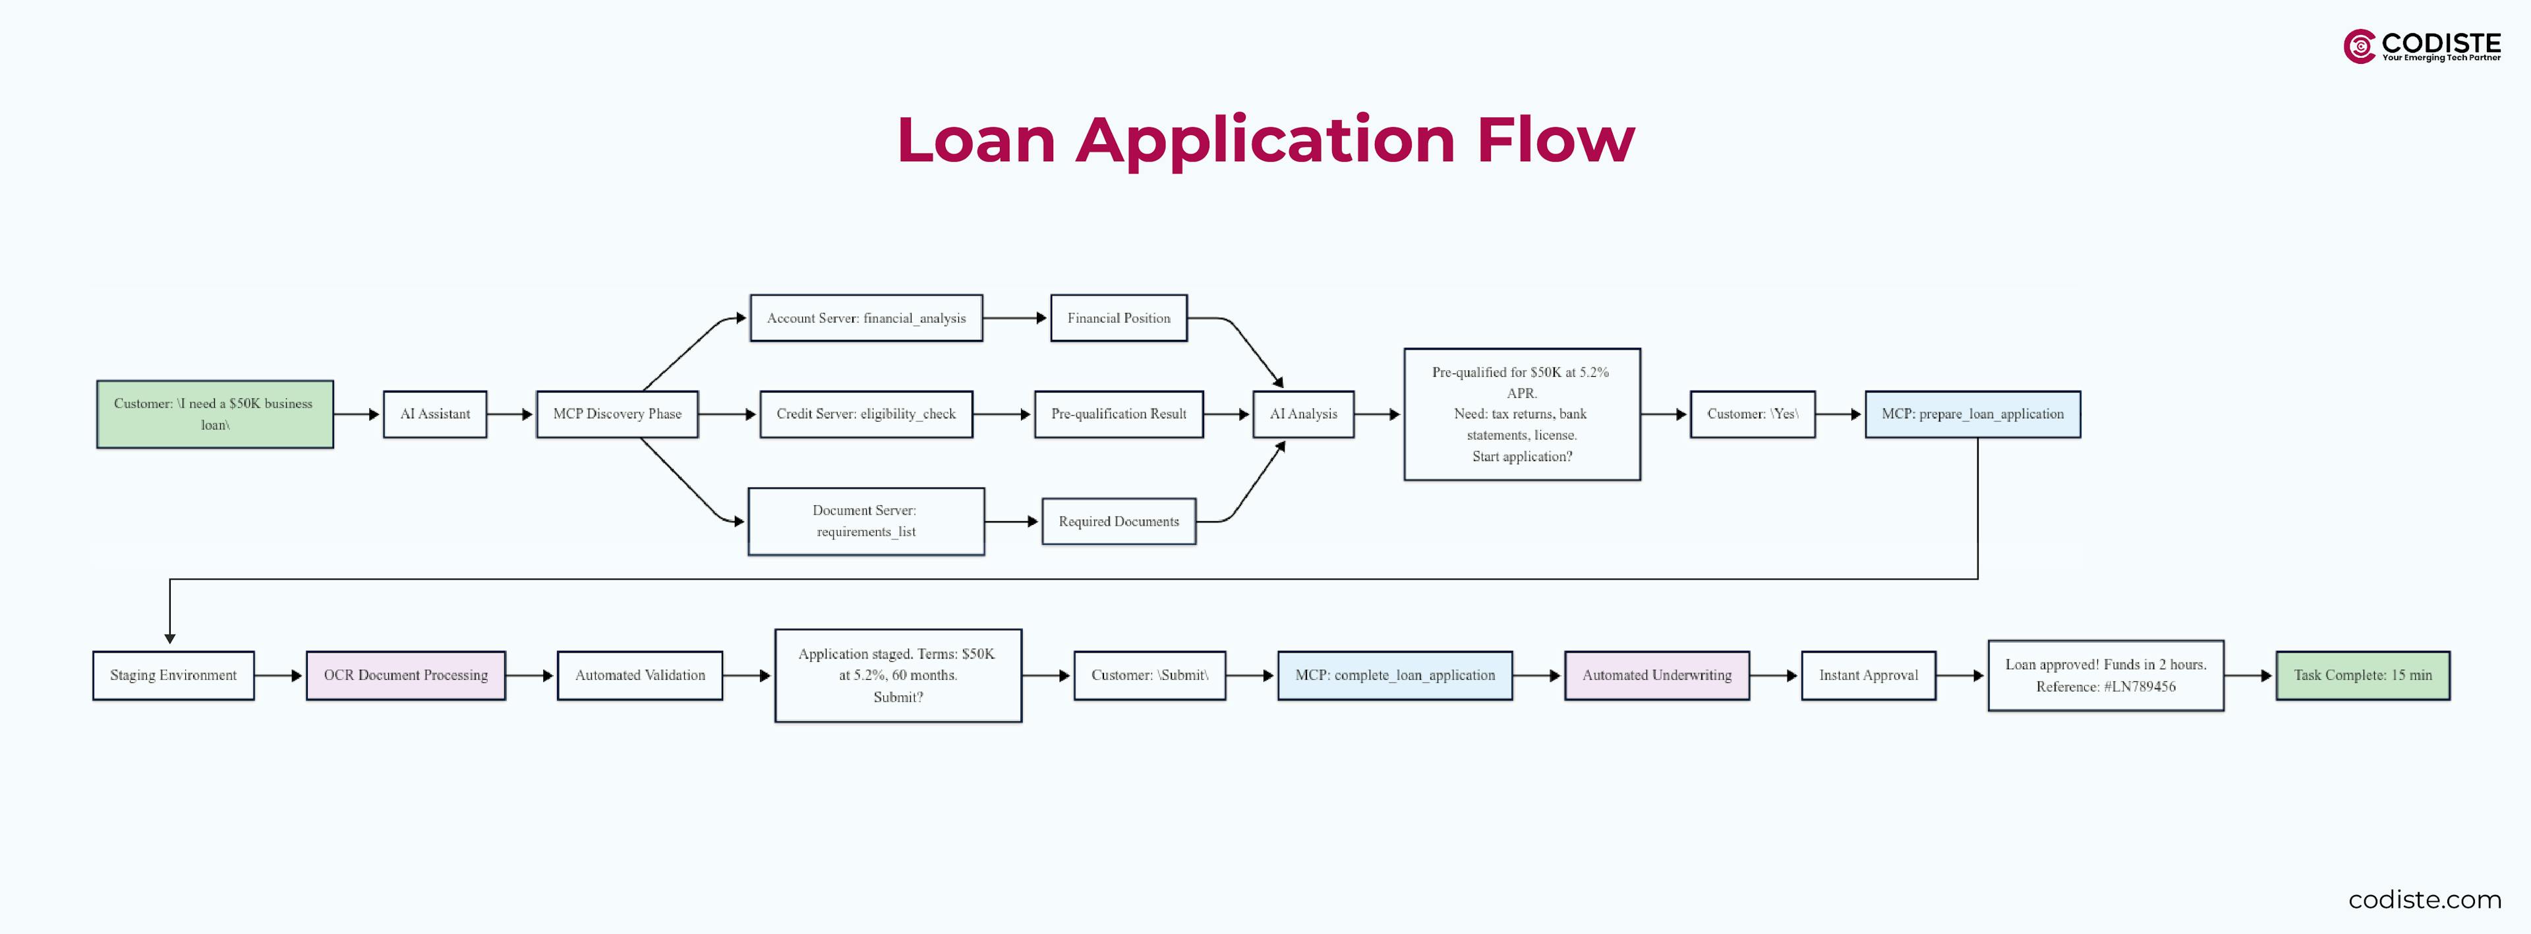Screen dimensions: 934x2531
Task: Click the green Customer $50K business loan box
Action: click(x=214, y=414)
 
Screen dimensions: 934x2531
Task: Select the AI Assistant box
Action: click(x=434, y=414)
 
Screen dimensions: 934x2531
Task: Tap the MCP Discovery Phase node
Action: click(x=617, y=414)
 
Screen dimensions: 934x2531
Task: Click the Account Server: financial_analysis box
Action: click(x=865, y=318)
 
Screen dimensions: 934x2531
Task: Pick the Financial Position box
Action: click(x=1118, y=318)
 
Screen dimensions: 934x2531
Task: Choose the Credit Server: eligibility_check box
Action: click(x=865, y=414)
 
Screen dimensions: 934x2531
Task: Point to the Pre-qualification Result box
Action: click(x=1118, y=414)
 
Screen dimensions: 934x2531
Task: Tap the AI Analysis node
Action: click(x=1303, y=414)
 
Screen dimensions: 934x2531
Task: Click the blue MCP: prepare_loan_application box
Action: click(x=1972, y=414)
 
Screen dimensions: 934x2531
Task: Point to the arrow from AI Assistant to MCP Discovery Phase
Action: click(x=510, y=414)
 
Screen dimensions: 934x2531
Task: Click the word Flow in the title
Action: click(x=1556, y=140)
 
